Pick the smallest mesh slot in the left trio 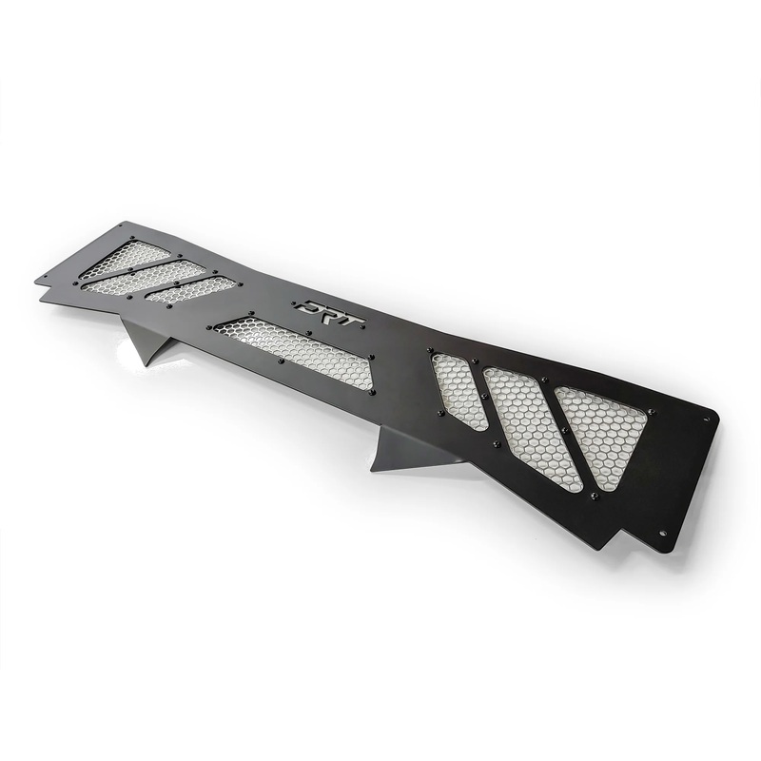[x=190, y=290]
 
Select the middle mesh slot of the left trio [x=157, y=275]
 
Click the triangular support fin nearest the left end [x=145, y=341]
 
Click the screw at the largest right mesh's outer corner [x=654, y=411]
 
